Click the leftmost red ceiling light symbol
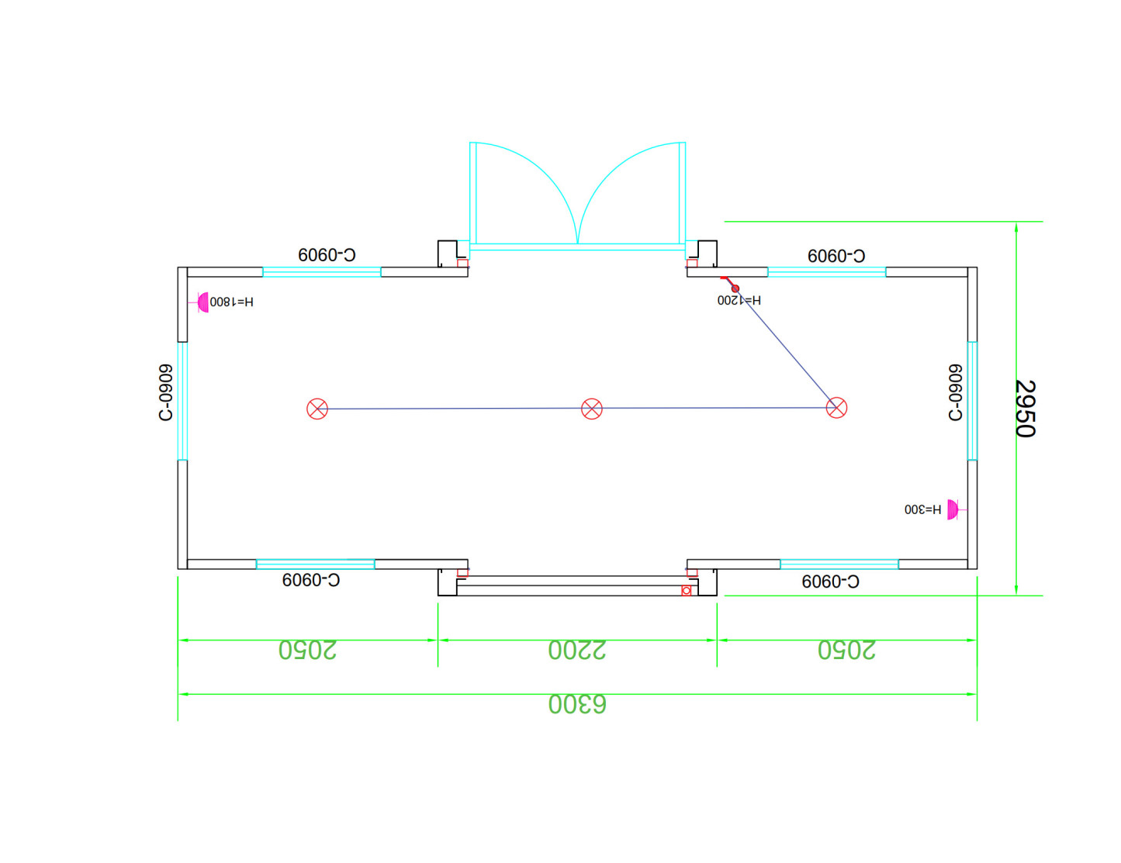(317, 409)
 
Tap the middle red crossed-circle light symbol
(592, 409)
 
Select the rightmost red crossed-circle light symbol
(836, 407)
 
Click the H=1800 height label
(231, 302)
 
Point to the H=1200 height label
(739, 300)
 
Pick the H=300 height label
(922, 509)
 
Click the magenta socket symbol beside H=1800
(203, 302)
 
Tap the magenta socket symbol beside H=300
(952, 509)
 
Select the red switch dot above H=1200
(735, 288)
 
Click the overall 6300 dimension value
(577, 704)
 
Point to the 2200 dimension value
(577, 650)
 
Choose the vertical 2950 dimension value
(1026, 409)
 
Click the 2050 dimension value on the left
(308, 650)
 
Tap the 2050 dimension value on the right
(846, 650)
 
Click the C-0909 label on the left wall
(165, 392)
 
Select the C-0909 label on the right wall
(956, 392)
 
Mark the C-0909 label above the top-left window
(327, 254)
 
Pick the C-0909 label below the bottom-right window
(830, 582)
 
